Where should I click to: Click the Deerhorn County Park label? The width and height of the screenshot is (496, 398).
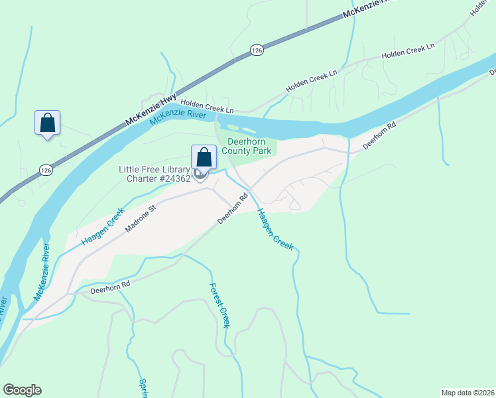249,146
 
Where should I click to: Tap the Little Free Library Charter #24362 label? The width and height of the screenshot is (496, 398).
155,174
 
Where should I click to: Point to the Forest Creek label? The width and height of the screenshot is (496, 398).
219,305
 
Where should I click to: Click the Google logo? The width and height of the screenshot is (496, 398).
22,390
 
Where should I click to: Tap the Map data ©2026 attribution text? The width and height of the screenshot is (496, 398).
467,392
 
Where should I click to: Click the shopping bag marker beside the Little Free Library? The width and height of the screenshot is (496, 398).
204,158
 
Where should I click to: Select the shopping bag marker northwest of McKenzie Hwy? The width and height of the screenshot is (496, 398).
47,123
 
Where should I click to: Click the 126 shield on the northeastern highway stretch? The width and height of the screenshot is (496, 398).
256,50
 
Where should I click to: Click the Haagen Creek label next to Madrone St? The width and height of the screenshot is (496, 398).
103,227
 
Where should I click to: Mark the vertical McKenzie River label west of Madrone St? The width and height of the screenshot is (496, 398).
42,271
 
